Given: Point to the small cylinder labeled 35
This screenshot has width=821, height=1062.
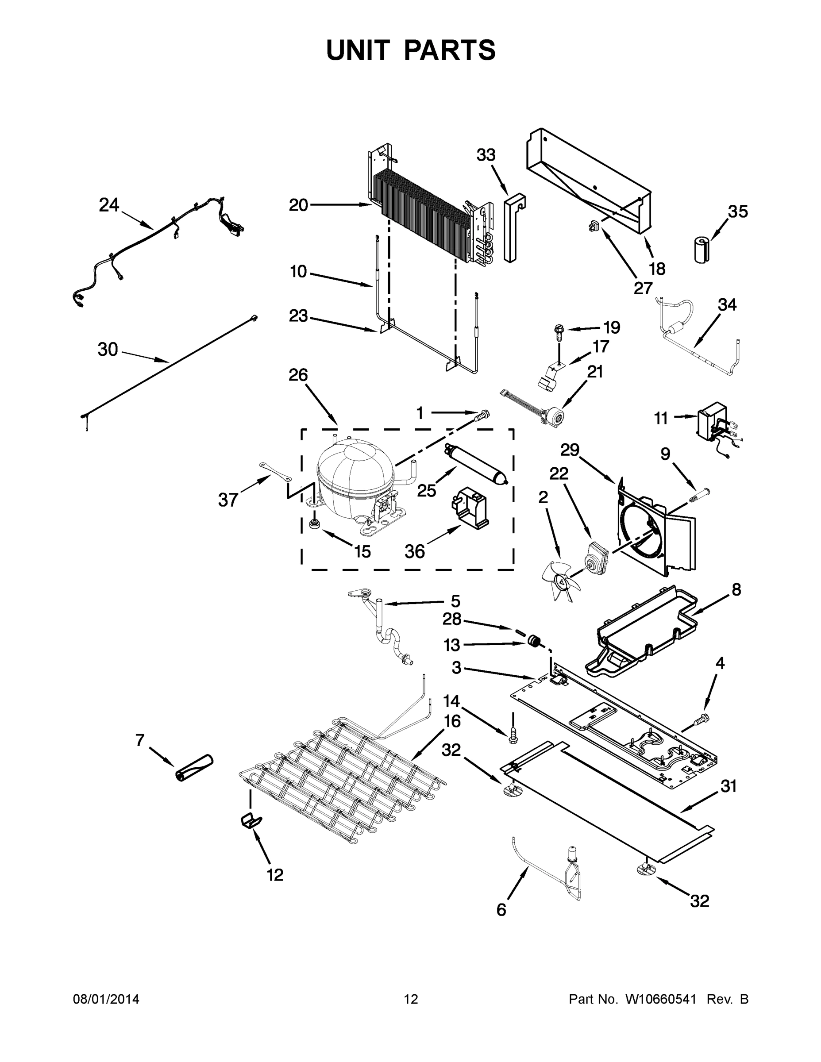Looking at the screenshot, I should coord(702,250).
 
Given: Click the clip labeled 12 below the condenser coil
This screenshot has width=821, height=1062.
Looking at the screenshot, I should coord(251,820).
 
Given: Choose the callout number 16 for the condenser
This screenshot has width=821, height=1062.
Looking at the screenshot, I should coord(452,721).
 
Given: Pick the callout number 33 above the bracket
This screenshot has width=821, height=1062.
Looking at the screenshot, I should coord(486,155).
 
